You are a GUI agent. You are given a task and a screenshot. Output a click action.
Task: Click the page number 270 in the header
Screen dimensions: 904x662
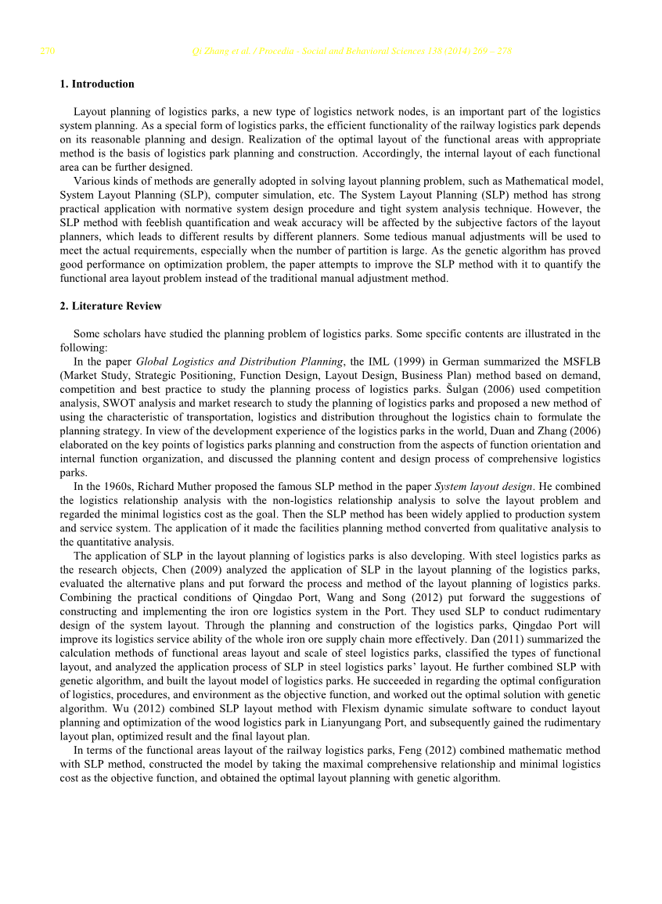[47, 52]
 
